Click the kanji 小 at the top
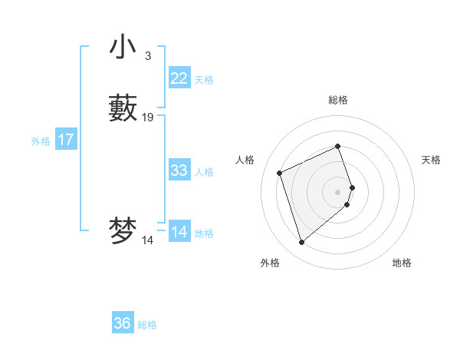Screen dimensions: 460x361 tap(123, 47)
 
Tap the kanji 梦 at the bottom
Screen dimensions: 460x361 tap(123, 231)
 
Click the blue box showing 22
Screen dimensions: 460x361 tap(179, 78)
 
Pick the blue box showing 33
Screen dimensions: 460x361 tap(179, 171)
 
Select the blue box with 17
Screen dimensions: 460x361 tap(66, 140)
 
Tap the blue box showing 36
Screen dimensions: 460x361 tap(123, 323)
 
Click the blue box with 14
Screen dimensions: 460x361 tap(179, 232)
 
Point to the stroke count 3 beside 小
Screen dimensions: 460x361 tap(148, 56)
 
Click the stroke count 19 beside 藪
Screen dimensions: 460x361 tap(148, 118)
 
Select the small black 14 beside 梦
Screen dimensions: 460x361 tap(148, 240)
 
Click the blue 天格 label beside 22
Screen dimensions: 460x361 tap(204, 80)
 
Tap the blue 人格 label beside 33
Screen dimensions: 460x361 tap(204, 172)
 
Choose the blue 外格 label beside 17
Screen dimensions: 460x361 tap(41, 141)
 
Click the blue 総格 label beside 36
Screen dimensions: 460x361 tap(147, 325)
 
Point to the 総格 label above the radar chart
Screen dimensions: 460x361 tap(338, 100)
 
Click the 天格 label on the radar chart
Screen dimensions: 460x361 tap(431, 160)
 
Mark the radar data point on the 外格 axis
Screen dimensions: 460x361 tap(301, 243)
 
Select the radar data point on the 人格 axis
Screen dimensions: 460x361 tap(280, 172)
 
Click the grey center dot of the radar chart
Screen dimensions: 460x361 tap(338, 190)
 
